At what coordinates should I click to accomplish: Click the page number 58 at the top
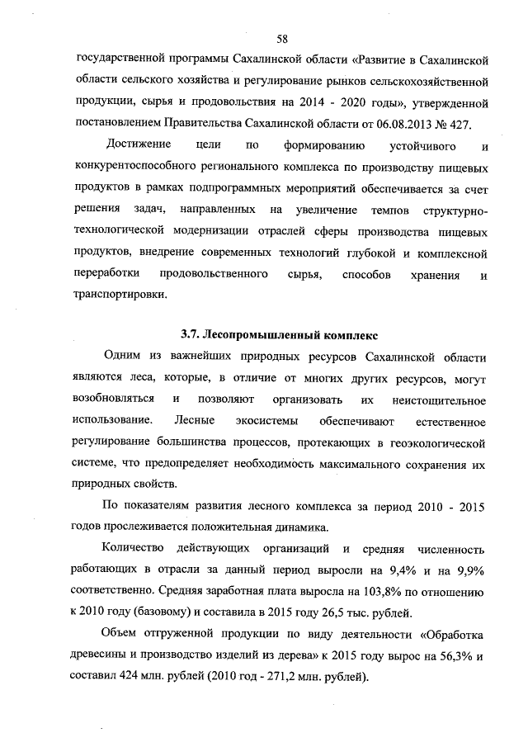coord(282,39)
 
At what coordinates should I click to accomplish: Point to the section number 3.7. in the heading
coord(191,336)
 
